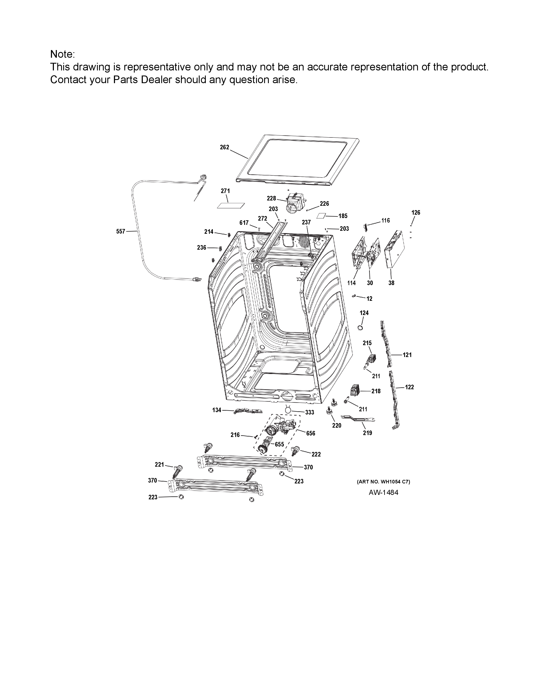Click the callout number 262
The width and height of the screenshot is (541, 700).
224,147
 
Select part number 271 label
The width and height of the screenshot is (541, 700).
225,191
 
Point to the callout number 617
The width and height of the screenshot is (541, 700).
244,223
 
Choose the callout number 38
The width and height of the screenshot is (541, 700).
391,283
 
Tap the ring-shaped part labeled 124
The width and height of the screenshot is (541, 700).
360,328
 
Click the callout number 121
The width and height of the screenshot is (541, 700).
407,355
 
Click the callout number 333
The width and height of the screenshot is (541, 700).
310,413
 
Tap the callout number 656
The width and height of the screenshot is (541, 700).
311,434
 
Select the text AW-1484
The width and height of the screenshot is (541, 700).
383,493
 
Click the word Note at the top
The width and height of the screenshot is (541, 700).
61,54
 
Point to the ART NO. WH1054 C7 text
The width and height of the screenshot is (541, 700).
383,482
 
